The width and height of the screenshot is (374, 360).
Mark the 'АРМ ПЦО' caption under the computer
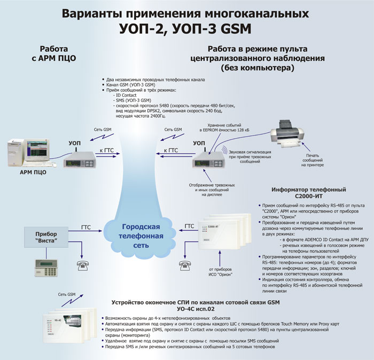[33, 172]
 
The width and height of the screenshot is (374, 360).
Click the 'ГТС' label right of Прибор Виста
[86, 227]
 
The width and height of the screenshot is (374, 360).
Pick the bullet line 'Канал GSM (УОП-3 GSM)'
[131, 85]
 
